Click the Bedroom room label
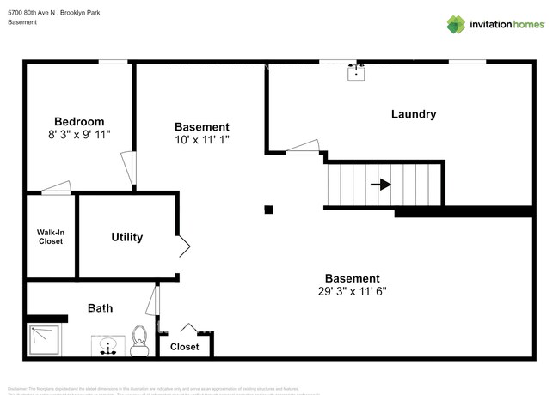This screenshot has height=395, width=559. coord(79,121)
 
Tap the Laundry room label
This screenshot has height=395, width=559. coord(414,114)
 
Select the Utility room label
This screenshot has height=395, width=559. coord(127,237)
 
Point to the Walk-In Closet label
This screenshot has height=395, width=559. coord(51,236)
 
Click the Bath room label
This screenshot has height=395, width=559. coord(100,307)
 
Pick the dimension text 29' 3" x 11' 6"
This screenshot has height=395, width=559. coord(352,291)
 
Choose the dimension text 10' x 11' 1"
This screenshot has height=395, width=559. coord(202,139)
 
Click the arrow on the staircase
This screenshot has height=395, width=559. coord(380,184)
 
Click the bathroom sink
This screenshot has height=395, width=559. coord(107,345)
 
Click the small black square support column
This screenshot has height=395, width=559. coord(268,210)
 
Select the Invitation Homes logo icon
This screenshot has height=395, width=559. coord(455,24)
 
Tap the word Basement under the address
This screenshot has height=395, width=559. coord(22,21)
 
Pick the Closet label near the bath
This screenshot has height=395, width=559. coord(184,347)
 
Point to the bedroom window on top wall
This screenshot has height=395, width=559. coord(113,61)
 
